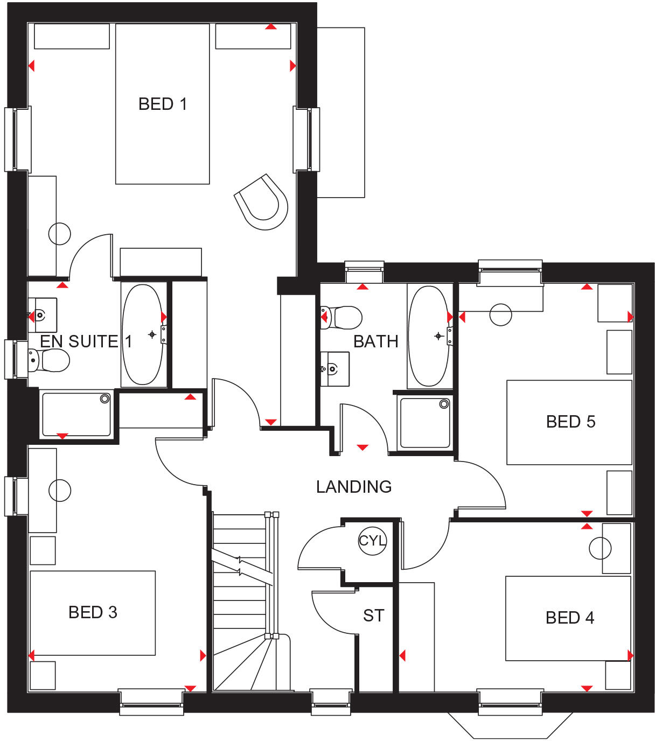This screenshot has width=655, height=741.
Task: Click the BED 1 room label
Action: (163, 104)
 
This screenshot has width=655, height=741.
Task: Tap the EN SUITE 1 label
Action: (86, 341)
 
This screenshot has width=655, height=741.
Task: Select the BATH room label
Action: (376, 341)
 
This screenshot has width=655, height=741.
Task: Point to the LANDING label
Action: (354, 487)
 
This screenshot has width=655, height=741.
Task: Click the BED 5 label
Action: (571, 422)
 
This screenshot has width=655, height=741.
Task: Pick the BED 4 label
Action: (570, 618)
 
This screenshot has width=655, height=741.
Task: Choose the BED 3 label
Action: (93, 612)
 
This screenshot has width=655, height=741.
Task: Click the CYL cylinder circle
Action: (372, 541)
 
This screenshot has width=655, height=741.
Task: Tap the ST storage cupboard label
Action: (374, 616)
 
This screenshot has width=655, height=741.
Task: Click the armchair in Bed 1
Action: (261, 202)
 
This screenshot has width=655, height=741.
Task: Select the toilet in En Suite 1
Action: (48, 360)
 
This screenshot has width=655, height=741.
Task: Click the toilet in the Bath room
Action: (342, 318)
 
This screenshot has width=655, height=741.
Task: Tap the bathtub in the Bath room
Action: (429, 336)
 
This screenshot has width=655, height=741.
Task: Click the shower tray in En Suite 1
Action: (76, 415)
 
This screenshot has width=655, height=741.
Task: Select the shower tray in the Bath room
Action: (425, 423)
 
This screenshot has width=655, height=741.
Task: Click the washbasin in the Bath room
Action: (335, 369)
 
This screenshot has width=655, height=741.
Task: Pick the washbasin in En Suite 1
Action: (43, 315)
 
